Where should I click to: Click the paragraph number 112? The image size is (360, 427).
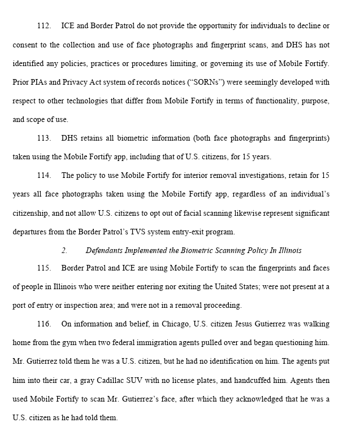click(44, 26)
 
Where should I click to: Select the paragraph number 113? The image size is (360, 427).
click(44, 138)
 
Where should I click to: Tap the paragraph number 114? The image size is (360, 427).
click(44, 175)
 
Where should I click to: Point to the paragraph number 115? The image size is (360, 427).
click(44, 268)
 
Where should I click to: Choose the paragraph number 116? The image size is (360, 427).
click(44, 324)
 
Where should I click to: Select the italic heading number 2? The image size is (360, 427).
click(64, 250)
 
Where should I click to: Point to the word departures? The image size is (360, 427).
click(31, 231)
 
